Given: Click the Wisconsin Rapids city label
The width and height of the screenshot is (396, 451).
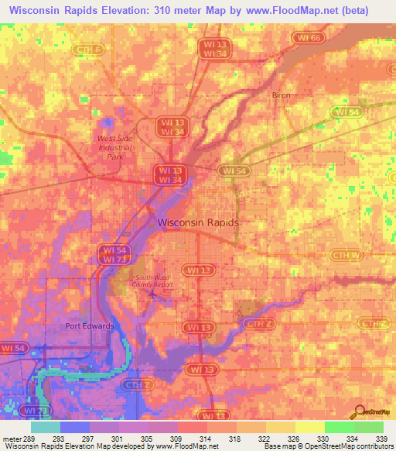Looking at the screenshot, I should [x=198, y=222].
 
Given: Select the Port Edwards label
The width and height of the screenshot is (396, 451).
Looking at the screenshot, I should [x=90, y=326].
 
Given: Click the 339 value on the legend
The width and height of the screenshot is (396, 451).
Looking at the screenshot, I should [x=383, y=438].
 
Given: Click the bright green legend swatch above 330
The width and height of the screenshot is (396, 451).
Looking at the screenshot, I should [x=339, y=427].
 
